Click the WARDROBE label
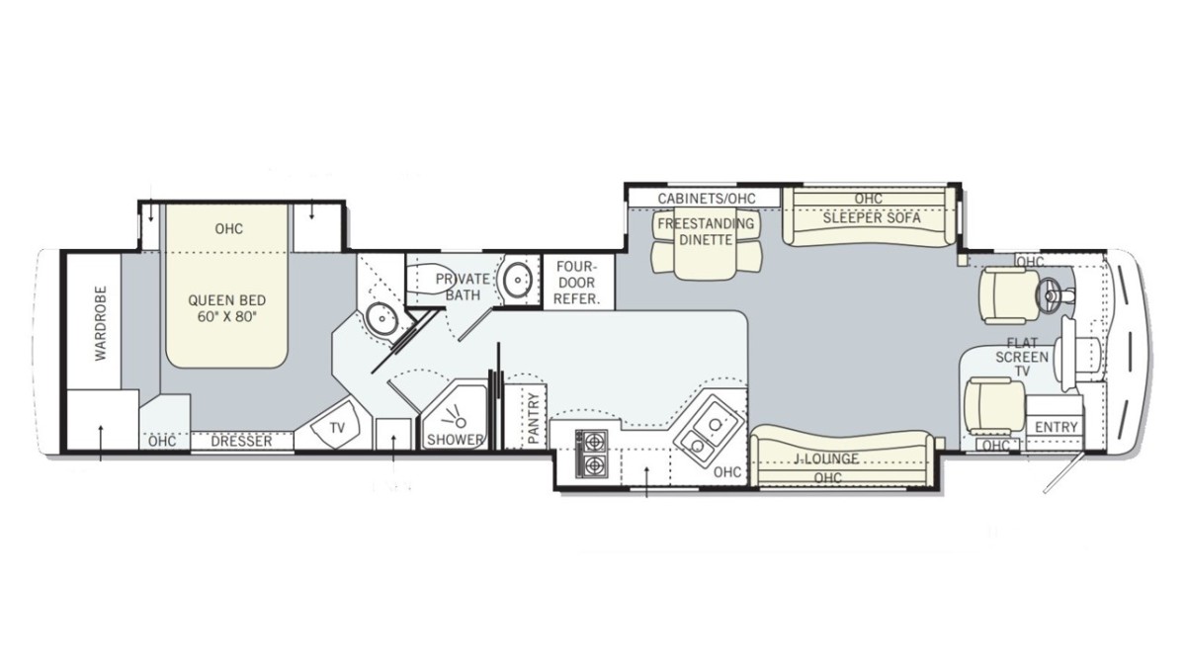click(101, 324)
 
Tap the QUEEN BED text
click(227, 300)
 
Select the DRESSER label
click(241, 441)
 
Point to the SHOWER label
click(456, 440)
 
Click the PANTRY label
click(534, 418)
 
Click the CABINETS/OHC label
click(707, 199)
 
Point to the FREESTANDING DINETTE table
click(706, 246)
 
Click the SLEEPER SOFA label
click(872, 218)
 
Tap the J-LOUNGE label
click(826, 459)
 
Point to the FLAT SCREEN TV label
click(1022, 358)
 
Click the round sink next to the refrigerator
click(517, 280)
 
